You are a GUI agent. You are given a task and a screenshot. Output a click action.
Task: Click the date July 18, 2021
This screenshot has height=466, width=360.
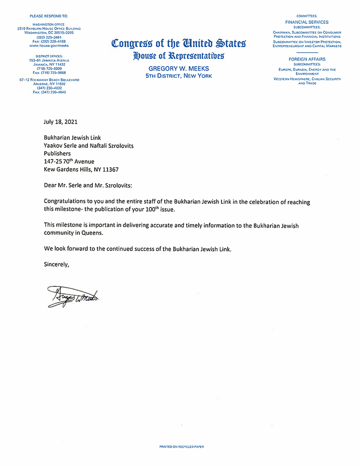tap(60, 122)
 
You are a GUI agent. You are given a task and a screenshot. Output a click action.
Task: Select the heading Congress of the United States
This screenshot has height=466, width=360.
tap(179, 44)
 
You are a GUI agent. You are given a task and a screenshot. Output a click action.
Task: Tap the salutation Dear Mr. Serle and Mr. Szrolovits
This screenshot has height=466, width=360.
tap(91, 185)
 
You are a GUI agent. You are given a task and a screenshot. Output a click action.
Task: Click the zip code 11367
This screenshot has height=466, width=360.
tap(109, 170)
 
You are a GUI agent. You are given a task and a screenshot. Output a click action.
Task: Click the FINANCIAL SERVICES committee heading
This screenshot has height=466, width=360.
tap(307, 22)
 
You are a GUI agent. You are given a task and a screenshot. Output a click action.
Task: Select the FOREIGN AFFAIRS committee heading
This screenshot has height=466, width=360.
tap(307, 59)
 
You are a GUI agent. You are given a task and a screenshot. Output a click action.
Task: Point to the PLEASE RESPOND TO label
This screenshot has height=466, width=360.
tap(49, 16)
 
